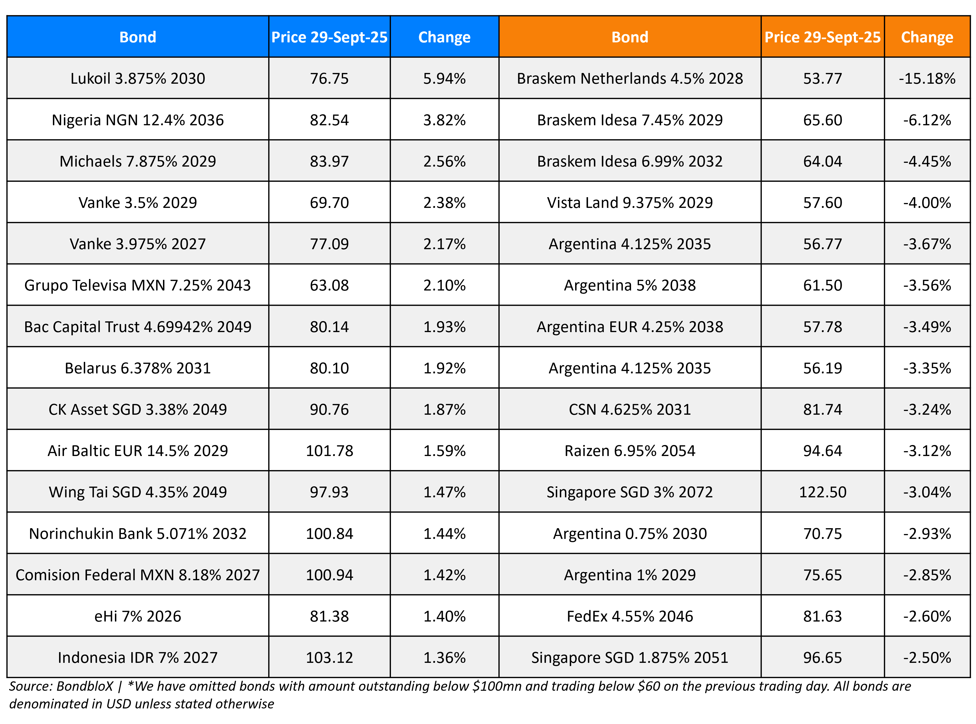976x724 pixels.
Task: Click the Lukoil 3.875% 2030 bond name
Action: tap(138, 78)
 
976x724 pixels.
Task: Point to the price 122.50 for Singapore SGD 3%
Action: tap(822, 492)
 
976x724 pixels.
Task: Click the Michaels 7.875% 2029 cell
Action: tap(138, 161)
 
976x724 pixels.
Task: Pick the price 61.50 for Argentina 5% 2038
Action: tap(822, 285)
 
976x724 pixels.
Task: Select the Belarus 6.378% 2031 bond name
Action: tap(138, 368)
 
